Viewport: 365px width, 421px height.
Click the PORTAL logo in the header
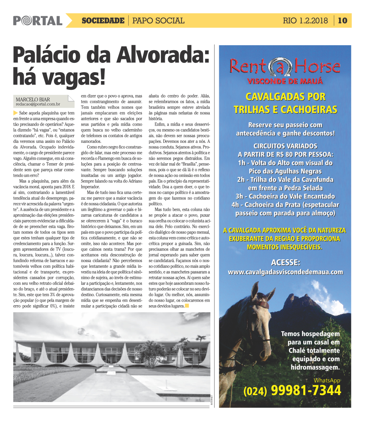coord(38,21)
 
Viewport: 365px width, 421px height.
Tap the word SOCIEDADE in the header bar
coord(103,21)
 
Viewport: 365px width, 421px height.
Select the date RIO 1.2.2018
coord(305,21)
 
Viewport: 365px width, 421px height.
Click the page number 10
coord(343,21)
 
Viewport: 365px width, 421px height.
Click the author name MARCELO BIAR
coord(33,100)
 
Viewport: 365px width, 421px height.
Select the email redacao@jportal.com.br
coord(38,105)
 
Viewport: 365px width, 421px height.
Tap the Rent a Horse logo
coord(285,67)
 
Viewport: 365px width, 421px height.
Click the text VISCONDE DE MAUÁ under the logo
coord(285,81)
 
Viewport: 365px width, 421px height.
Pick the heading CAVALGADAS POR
coord(285,96)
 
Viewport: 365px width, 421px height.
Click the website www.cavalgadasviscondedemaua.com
coord(285,272)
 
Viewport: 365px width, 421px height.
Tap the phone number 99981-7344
coord(306,390)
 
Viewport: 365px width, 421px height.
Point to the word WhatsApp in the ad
coord(327,380)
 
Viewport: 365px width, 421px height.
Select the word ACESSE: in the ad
coord(285,263)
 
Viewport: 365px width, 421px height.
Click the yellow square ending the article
coord(187,306)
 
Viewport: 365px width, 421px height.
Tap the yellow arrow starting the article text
coord(15,113)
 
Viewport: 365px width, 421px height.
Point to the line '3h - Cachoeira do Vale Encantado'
coord(285,196)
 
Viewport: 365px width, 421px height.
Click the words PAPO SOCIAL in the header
coord(158,21)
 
